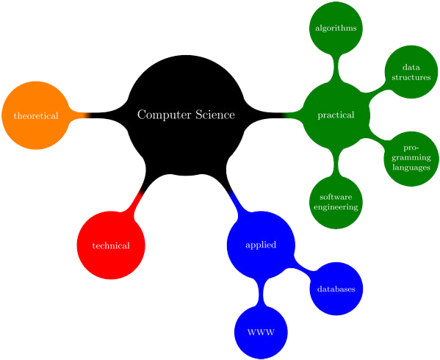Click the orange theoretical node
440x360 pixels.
point(35,115)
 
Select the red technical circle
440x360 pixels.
point(111,245)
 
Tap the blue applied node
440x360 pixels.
point(261,245)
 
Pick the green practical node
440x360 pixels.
point(336,115)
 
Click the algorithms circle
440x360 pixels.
point(336,28)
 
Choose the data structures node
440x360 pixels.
point(411,71)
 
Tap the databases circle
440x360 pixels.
point(336,289)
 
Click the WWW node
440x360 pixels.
point(261,333)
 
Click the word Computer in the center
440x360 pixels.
point(161,115)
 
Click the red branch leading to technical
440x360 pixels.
point(134,201)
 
